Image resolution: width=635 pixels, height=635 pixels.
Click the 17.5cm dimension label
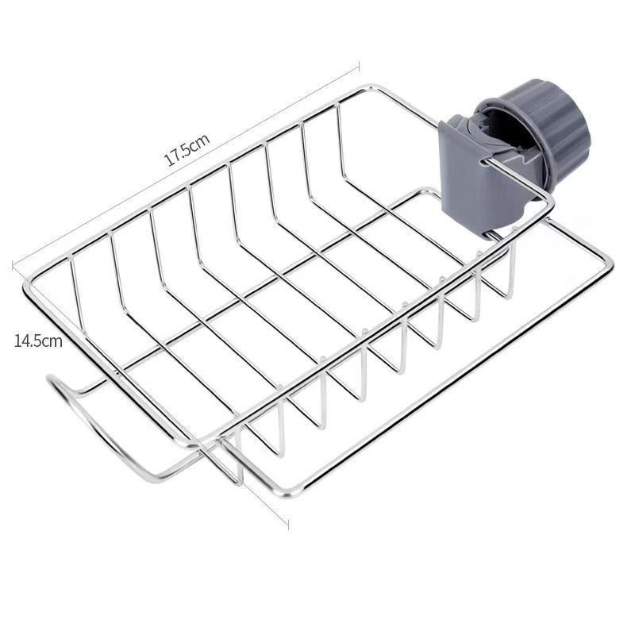click(x=187, y=150)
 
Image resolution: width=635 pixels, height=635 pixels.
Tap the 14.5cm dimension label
click(x=38, y=341)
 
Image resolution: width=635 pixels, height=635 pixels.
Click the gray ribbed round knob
click(x=543, y=129)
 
